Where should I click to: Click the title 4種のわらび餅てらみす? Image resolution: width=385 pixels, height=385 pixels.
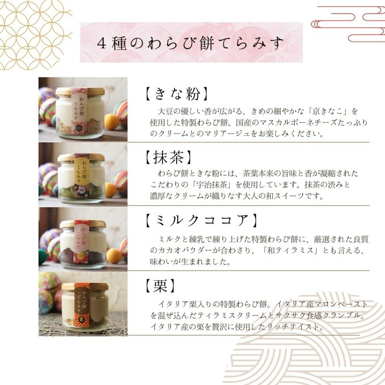[191, 43]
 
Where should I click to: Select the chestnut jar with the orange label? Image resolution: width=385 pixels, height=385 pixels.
[85, 306]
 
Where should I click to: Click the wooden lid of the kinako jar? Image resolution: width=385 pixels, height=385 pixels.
[80, 91]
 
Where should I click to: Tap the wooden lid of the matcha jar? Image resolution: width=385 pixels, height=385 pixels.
[82, 157]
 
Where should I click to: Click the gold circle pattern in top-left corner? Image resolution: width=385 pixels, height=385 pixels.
[31, 31]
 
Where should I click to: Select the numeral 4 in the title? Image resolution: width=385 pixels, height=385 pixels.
[102, 43]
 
